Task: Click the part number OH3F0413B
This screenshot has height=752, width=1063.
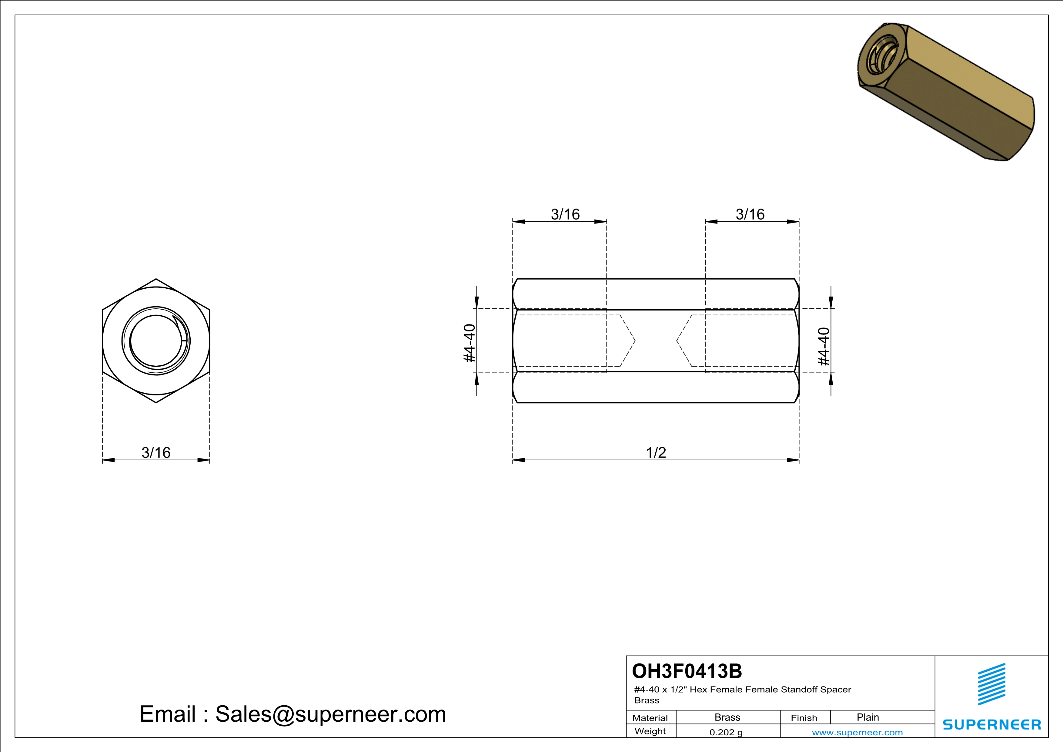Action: (x=687, y=671)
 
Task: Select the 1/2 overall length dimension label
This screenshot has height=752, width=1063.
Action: (x=656, y=452)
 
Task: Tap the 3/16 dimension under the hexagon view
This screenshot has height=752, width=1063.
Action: (x=156, y=452)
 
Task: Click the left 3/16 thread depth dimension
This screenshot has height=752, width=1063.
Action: (x=565, y=214)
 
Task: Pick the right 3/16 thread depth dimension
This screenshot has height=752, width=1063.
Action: (x=750, y=214)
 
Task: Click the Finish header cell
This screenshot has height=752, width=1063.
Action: (x=804, y=718)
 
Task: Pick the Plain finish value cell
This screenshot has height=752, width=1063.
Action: (x=867, y=717)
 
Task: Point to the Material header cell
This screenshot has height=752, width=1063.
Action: (x=650, y=718)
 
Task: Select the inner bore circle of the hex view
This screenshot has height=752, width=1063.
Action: (x=156, y=341)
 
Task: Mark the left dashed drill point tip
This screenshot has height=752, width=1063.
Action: (x=634, y=341)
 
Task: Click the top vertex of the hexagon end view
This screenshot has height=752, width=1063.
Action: (x=156, y=279)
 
